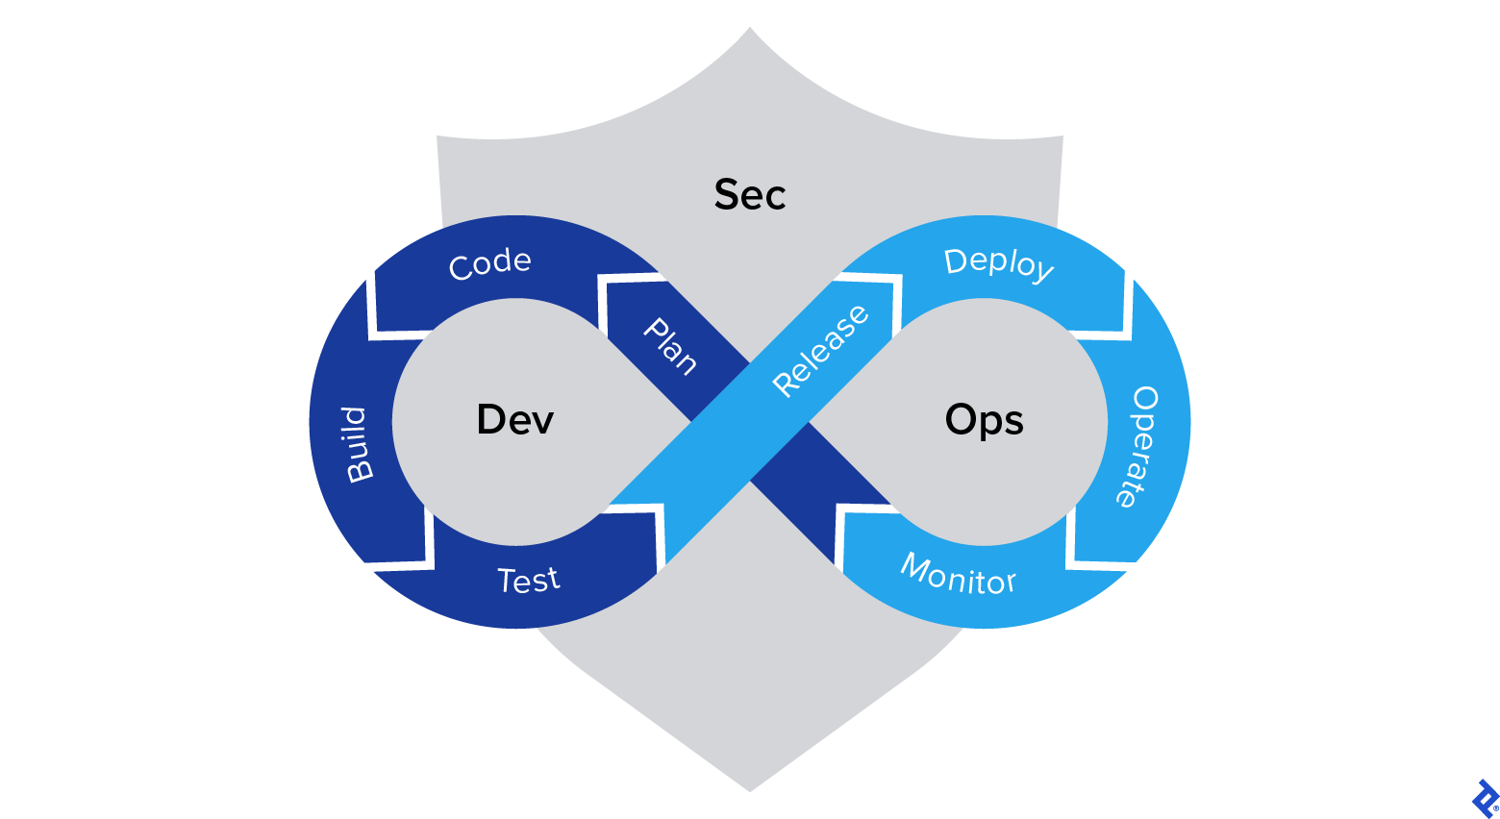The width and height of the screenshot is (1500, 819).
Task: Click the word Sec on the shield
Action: [750, 195]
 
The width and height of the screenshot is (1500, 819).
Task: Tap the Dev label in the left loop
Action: [515, 420]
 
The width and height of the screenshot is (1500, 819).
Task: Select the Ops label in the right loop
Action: [984, 421]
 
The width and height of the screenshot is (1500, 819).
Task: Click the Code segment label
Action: [489, 264]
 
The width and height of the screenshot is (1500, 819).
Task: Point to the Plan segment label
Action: [670, 346]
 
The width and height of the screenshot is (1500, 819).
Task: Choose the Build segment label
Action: [357, 444]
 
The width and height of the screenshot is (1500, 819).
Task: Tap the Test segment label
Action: [528, 581]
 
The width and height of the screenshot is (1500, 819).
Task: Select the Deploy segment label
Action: [999, 263]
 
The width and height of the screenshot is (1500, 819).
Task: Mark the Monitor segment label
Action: [958, 576]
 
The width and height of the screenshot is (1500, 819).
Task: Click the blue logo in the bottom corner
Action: [1485, 799]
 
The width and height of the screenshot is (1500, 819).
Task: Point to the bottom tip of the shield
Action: [750, 790]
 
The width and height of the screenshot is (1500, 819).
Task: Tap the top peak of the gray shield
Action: [750, 29]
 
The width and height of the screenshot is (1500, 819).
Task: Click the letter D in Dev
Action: [490, 420]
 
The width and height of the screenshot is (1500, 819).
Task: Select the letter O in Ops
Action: [961, 420]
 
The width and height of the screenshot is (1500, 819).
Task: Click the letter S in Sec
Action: [726, 195]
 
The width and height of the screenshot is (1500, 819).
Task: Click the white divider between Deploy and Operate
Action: [1127, 306]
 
